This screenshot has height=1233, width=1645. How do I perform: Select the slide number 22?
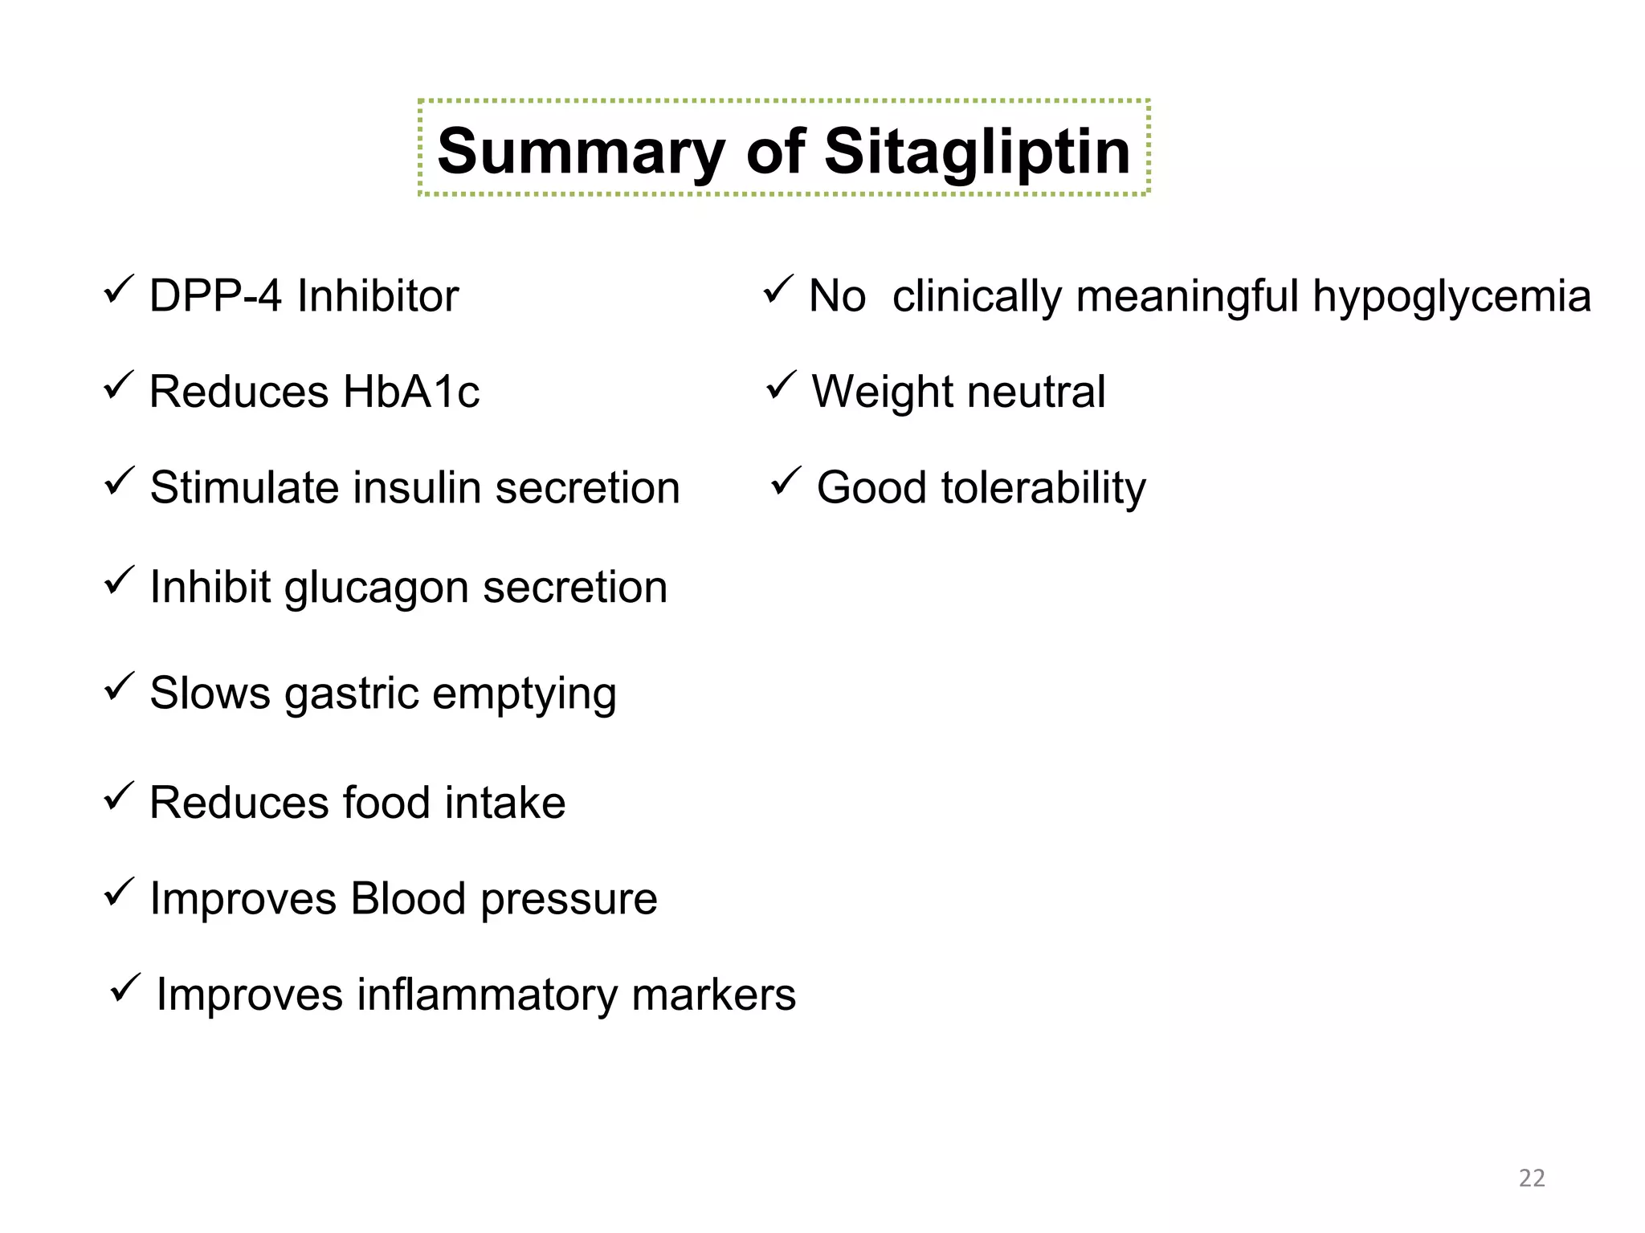coord(1532,1178)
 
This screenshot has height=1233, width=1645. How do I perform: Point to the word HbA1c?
coord(410,392)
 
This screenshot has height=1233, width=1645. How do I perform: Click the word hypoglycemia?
coord(1451,297)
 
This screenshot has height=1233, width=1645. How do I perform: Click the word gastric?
coord(352,694)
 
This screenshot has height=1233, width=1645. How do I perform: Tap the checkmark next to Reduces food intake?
coord(119,796)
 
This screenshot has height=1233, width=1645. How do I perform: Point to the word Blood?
coord(408,898)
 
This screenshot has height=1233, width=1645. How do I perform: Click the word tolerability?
coord(1043,488)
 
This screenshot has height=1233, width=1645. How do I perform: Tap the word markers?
coord(713,995)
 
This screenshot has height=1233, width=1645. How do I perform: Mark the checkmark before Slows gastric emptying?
coord(119,687)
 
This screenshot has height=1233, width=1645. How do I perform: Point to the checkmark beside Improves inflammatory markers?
coord(124,987)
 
